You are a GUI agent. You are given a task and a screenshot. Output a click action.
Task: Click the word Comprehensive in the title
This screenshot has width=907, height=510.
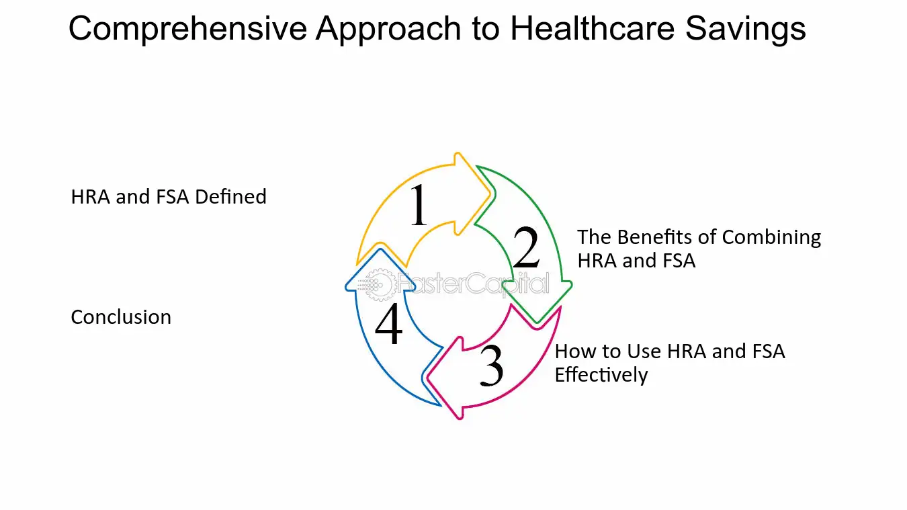(x=188, y=29)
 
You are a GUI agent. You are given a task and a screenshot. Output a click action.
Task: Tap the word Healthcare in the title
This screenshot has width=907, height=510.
(x=593, y=28)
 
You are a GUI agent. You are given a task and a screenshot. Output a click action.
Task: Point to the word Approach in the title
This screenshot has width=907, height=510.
(x=388, y=29)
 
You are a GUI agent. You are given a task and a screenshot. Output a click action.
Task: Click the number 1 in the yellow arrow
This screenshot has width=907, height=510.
(x=419, y=204)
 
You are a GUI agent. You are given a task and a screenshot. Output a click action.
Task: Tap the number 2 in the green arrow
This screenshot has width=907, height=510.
(x=526, y=247)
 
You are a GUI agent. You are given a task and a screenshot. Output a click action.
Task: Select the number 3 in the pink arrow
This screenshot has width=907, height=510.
(x=492, y=365)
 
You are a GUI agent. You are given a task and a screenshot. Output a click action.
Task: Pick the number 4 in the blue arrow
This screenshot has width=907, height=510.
(x=389, y=323)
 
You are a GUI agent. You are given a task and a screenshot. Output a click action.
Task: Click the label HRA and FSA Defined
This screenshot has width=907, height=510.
(x=169, y=197)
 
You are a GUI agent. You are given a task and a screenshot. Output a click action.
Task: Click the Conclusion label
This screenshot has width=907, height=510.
(x=121, y=316)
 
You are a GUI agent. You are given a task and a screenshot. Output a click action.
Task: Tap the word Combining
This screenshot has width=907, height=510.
(x=771, y=238)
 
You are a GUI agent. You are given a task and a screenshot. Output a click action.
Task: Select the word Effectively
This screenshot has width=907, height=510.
(x=601, y=375)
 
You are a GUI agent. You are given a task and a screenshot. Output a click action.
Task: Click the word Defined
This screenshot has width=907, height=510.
(x=231, y=197)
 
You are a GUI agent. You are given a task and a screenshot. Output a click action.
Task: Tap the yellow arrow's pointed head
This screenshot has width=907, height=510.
(x=490, y=194)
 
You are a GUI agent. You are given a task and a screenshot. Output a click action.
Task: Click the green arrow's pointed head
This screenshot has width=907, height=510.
(x=537, y=322)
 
